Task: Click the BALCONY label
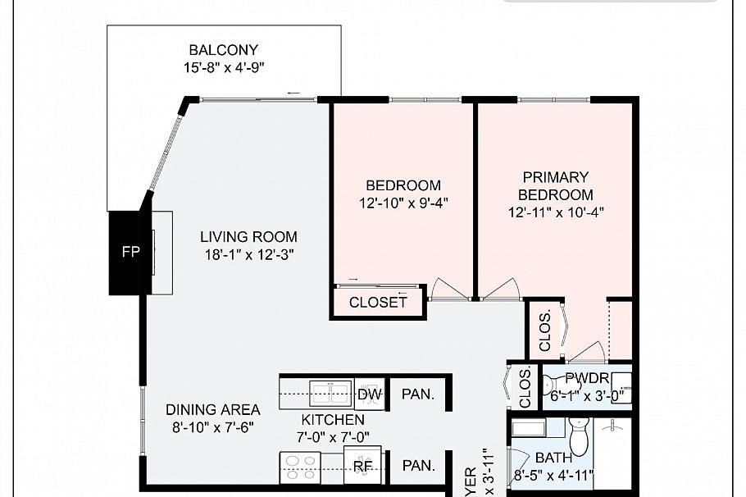point(223,50)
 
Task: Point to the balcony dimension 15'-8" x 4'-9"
point(223,67)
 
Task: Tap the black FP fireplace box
point(129,253)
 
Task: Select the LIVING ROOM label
point(248,237)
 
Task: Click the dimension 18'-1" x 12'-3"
point(248,254)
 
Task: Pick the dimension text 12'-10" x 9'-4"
point(403,203)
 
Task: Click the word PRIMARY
point(556,177)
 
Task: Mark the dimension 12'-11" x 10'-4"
point(556,212)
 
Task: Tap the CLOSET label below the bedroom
point(378,303)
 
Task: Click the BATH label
point(554,458)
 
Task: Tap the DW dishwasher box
point(370,394)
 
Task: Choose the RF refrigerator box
point(362,467)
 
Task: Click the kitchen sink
point(330,390)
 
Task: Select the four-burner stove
point(301,467)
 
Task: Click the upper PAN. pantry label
point(418,394)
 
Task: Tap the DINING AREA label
point(212,409)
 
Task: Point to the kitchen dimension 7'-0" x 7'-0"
point(330,436)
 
